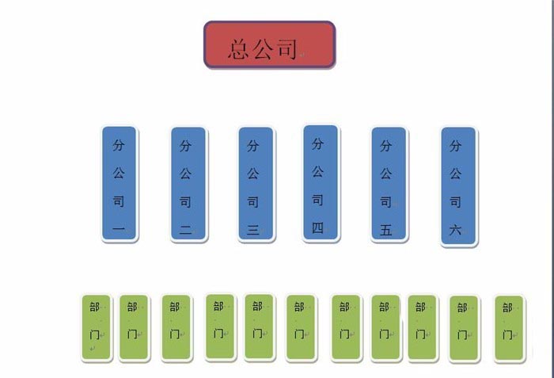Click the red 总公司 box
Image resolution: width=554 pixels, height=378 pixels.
point(270,44)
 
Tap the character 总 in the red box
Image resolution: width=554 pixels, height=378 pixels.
point(240,49)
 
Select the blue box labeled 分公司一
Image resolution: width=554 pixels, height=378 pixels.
point(119,183)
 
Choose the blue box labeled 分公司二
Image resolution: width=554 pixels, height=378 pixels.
point(188,183)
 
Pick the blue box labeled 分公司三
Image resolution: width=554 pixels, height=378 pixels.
point(256,183)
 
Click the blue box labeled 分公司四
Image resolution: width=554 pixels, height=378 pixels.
point(321,182)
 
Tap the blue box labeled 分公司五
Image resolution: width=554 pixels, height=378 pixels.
point(389,183)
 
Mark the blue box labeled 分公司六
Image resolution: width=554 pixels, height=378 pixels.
point(458,185)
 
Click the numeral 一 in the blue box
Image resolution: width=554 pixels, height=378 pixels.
point(119,231)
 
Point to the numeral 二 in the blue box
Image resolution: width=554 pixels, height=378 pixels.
point(185,231)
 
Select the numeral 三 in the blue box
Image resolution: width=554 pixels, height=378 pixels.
point(253,231)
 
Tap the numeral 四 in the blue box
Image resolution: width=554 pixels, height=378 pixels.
point(317,228)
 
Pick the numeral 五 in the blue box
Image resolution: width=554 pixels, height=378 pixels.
point(386,231)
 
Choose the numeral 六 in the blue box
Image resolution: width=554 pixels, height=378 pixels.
point(455,231)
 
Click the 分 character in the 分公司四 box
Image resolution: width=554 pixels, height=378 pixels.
point(317,144)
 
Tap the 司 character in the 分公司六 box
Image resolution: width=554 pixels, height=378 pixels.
point(455,202)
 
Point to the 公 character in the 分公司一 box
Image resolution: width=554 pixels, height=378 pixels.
point(119,174)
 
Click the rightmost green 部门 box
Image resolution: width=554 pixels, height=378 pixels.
point(509,328)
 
